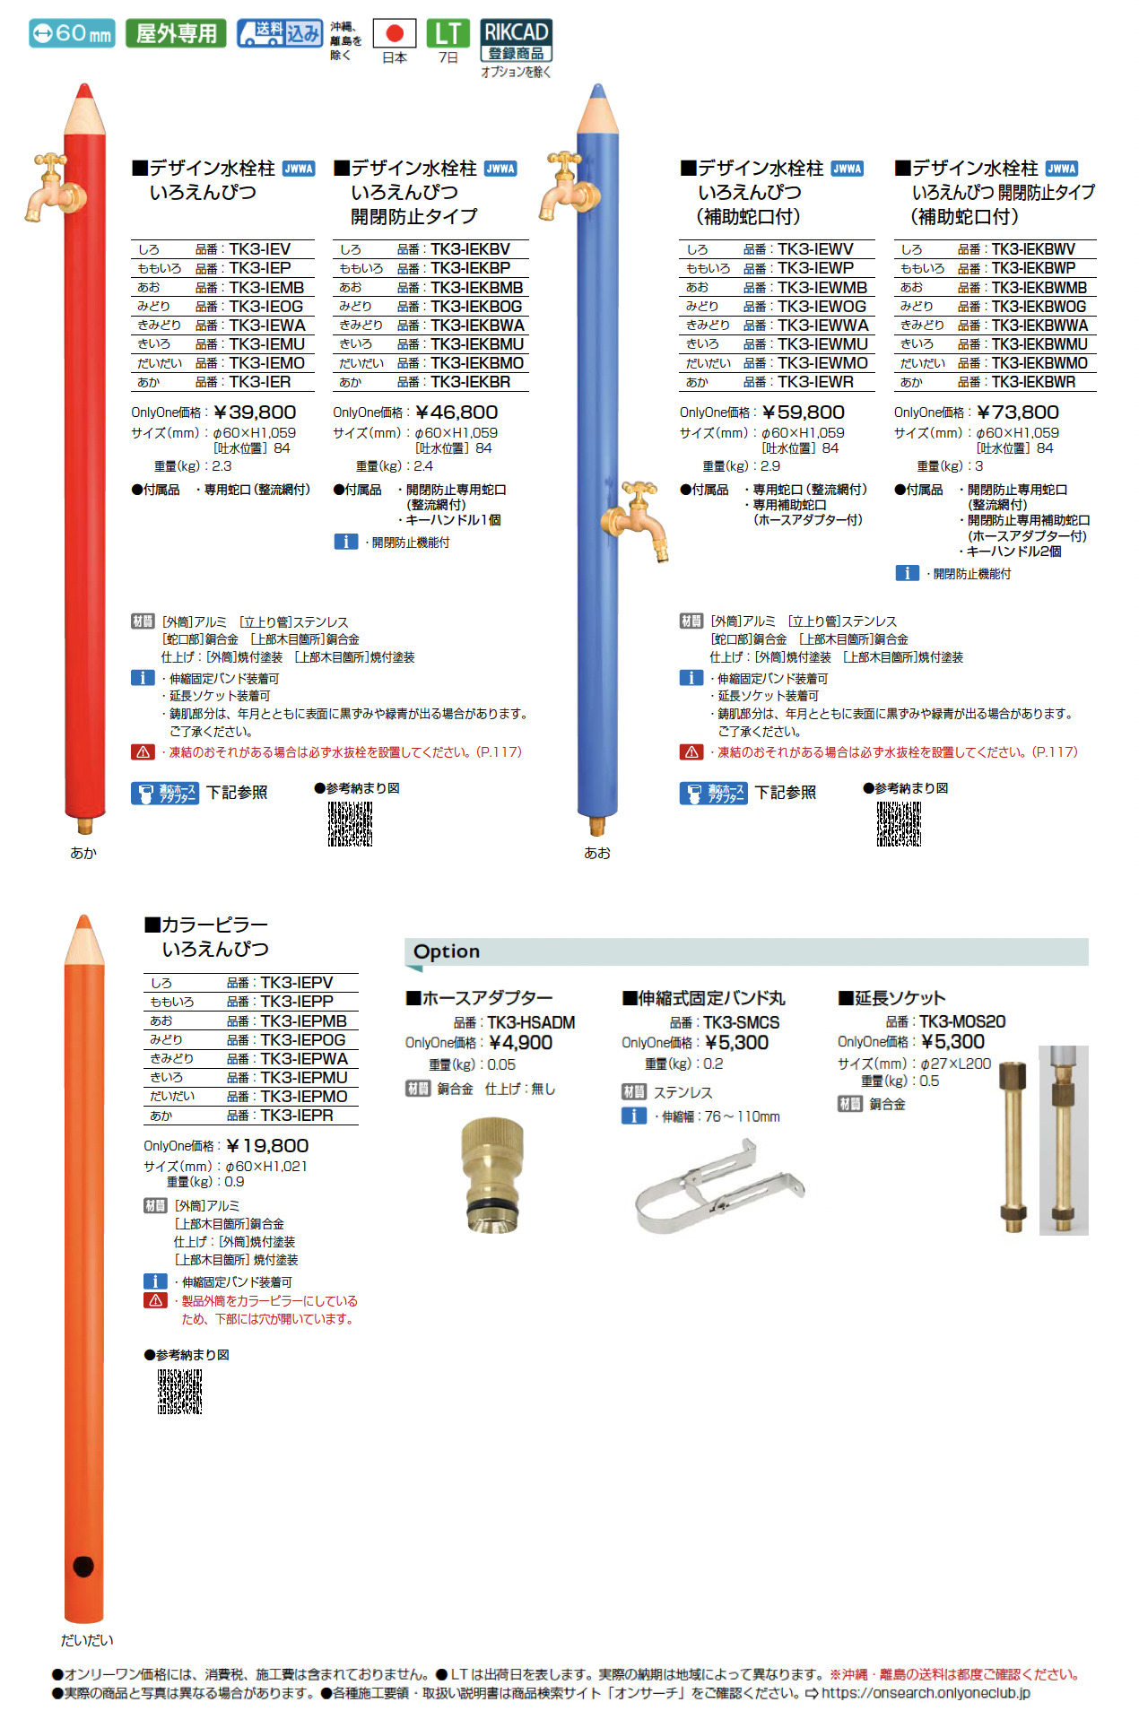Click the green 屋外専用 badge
coord(176,33)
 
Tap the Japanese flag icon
coord(394,34)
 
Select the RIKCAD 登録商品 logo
coord(516,40)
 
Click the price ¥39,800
coord(256,412)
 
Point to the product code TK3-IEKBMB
coord(476,288)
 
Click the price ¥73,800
coord(1018,412)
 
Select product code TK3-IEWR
coord(815,382)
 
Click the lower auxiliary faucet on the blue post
coord(638,520)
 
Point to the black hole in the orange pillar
coord(83,1566)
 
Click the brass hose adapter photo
coord(492,1174)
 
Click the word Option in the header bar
coord(447,951)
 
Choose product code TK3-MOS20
coord(962,1021)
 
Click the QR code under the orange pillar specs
coord(180,1391)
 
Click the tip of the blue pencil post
coord(598,91)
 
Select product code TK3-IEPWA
coord(304,1059)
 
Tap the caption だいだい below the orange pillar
coord(87,1640)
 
